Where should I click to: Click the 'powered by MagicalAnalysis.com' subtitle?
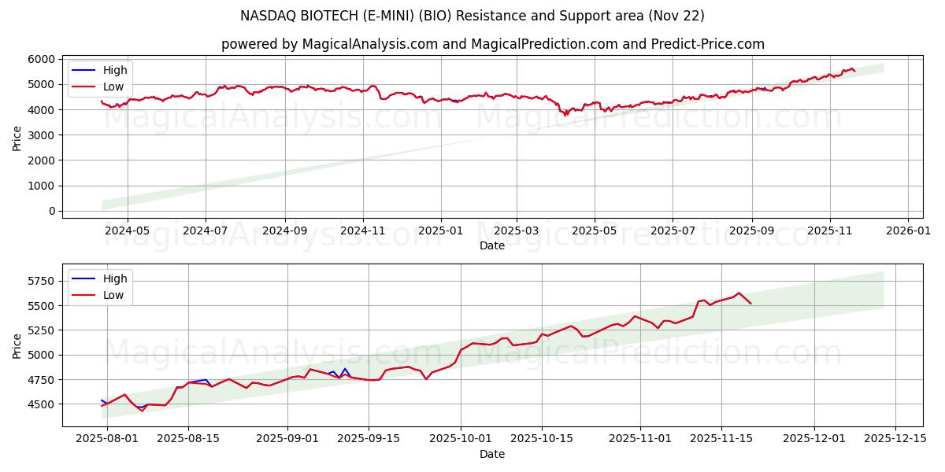pos(492,44)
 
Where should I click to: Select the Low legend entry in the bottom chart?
pos(113,295)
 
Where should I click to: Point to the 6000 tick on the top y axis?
pos(42,59)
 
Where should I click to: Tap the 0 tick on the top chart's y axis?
pos(53,211)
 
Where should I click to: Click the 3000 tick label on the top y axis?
pos(42,135)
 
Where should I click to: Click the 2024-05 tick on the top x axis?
pos(127,231)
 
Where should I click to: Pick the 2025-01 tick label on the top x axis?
pos(440,231)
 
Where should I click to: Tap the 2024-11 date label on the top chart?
pos(363,231)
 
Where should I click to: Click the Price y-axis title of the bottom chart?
pos(17,345)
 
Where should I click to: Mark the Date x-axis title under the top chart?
pos(492,245)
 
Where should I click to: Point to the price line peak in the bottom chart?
pos(739,293)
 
